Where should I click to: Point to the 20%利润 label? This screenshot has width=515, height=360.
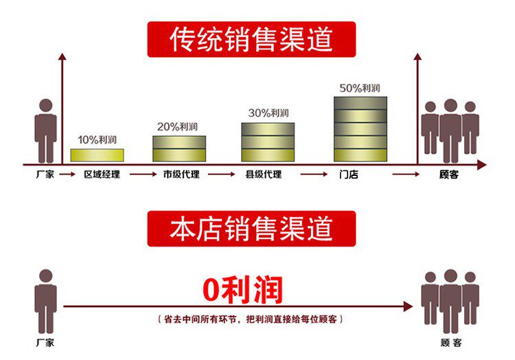point(178,126)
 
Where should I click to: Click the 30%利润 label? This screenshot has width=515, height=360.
point(268,113)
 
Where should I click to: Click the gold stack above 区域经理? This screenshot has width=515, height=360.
point(98,155)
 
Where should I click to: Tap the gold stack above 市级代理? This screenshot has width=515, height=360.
point(179,148)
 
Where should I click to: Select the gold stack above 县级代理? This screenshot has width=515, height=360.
point(268,142)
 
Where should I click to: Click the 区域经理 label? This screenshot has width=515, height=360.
point(102,175)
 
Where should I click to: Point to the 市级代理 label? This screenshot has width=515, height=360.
point(181,175)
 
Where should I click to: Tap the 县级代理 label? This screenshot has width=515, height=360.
point(264,175)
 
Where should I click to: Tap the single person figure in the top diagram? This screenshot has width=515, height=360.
point(45,131)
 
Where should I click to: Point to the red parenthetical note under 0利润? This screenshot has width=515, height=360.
point(251,320)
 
